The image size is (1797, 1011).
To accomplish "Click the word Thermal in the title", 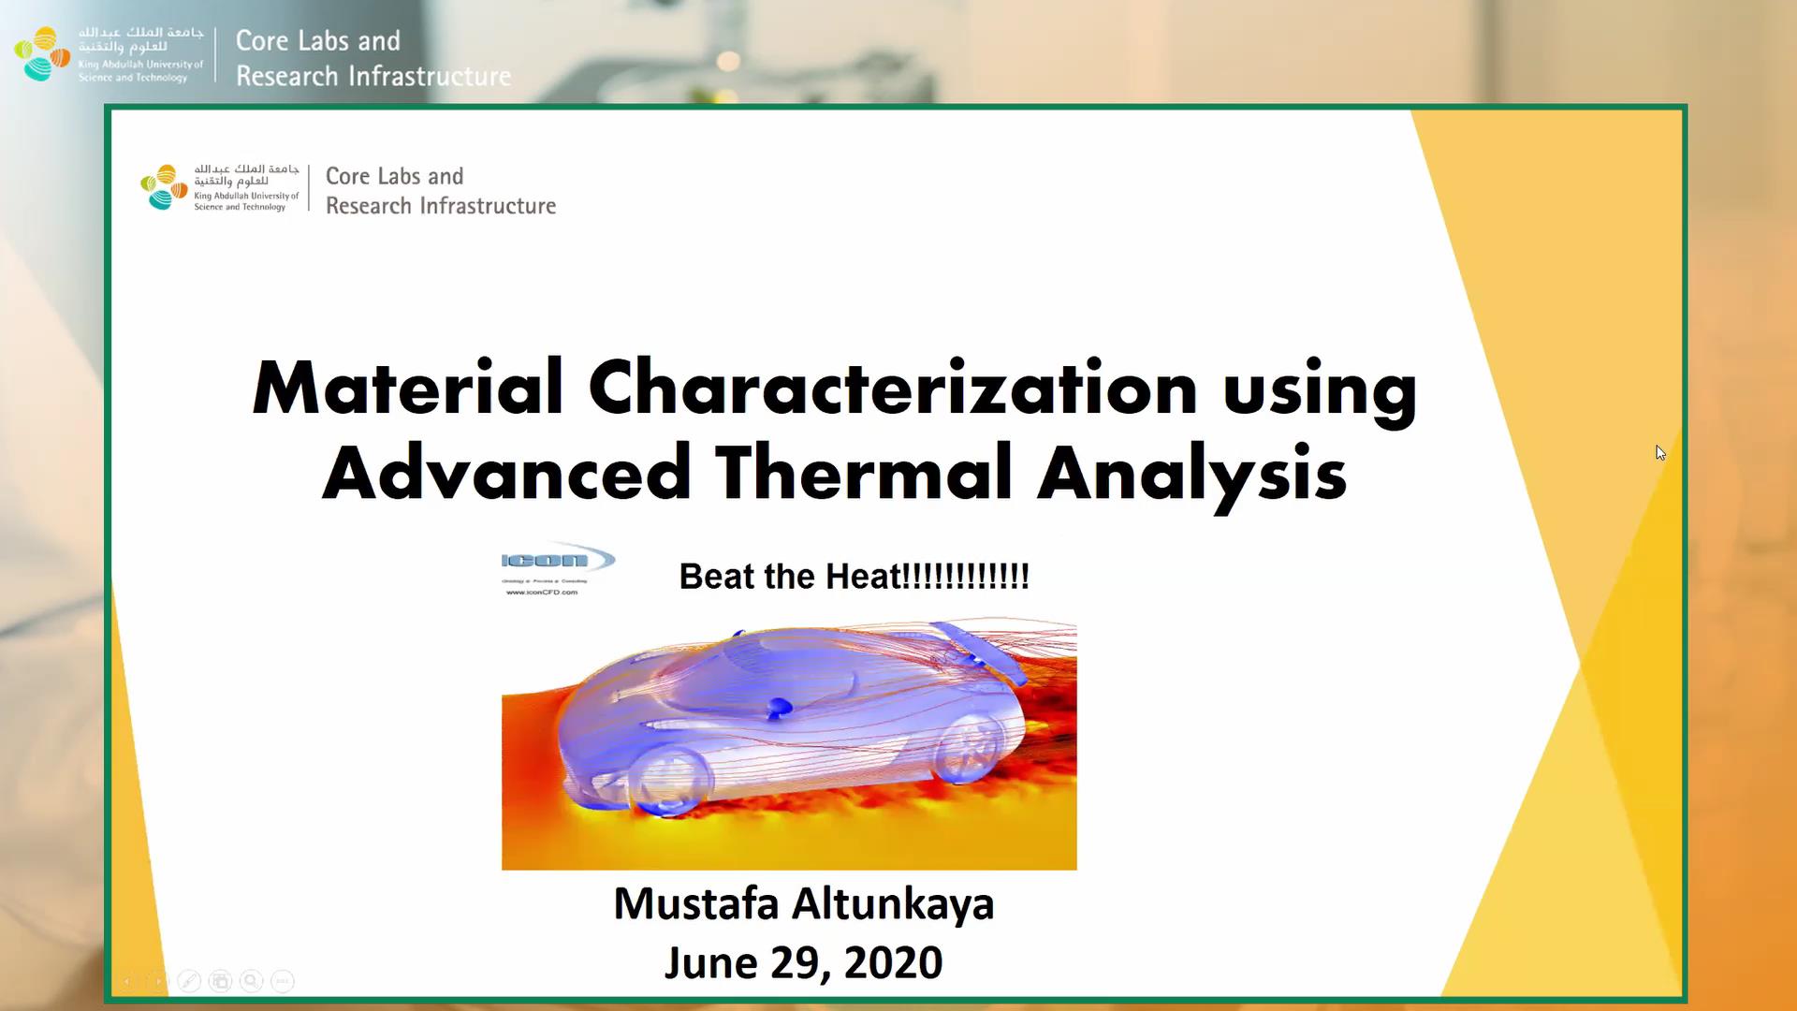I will (x=864, y=473).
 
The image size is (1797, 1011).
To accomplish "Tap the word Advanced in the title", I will (x=506, y=473).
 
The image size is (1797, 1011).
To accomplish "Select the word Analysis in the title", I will (x=1191, y=475).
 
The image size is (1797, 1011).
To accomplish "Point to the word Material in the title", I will (x=407, y=388).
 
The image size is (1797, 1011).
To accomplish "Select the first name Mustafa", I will (x=695, y=904).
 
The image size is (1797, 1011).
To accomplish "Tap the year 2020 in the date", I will (x=893, y=963).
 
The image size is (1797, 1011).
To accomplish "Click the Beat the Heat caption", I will (x=854, y=577).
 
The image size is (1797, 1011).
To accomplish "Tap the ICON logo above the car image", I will (x=557, y=562).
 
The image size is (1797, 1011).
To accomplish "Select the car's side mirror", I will (x=778, y=709).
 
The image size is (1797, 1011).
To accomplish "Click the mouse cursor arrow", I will (x=1660, y=453).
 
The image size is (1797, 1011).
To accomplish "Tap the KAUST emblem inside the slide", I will (x=164, y=187).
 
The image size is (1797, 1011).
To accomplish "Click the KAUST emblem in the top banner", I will (x=42, y=53).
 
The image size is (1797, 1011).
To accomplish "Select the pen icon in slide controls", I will (x=189, y=981).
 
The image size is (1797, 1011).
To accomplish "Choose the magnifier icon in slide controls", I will (x=251, y=981).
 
